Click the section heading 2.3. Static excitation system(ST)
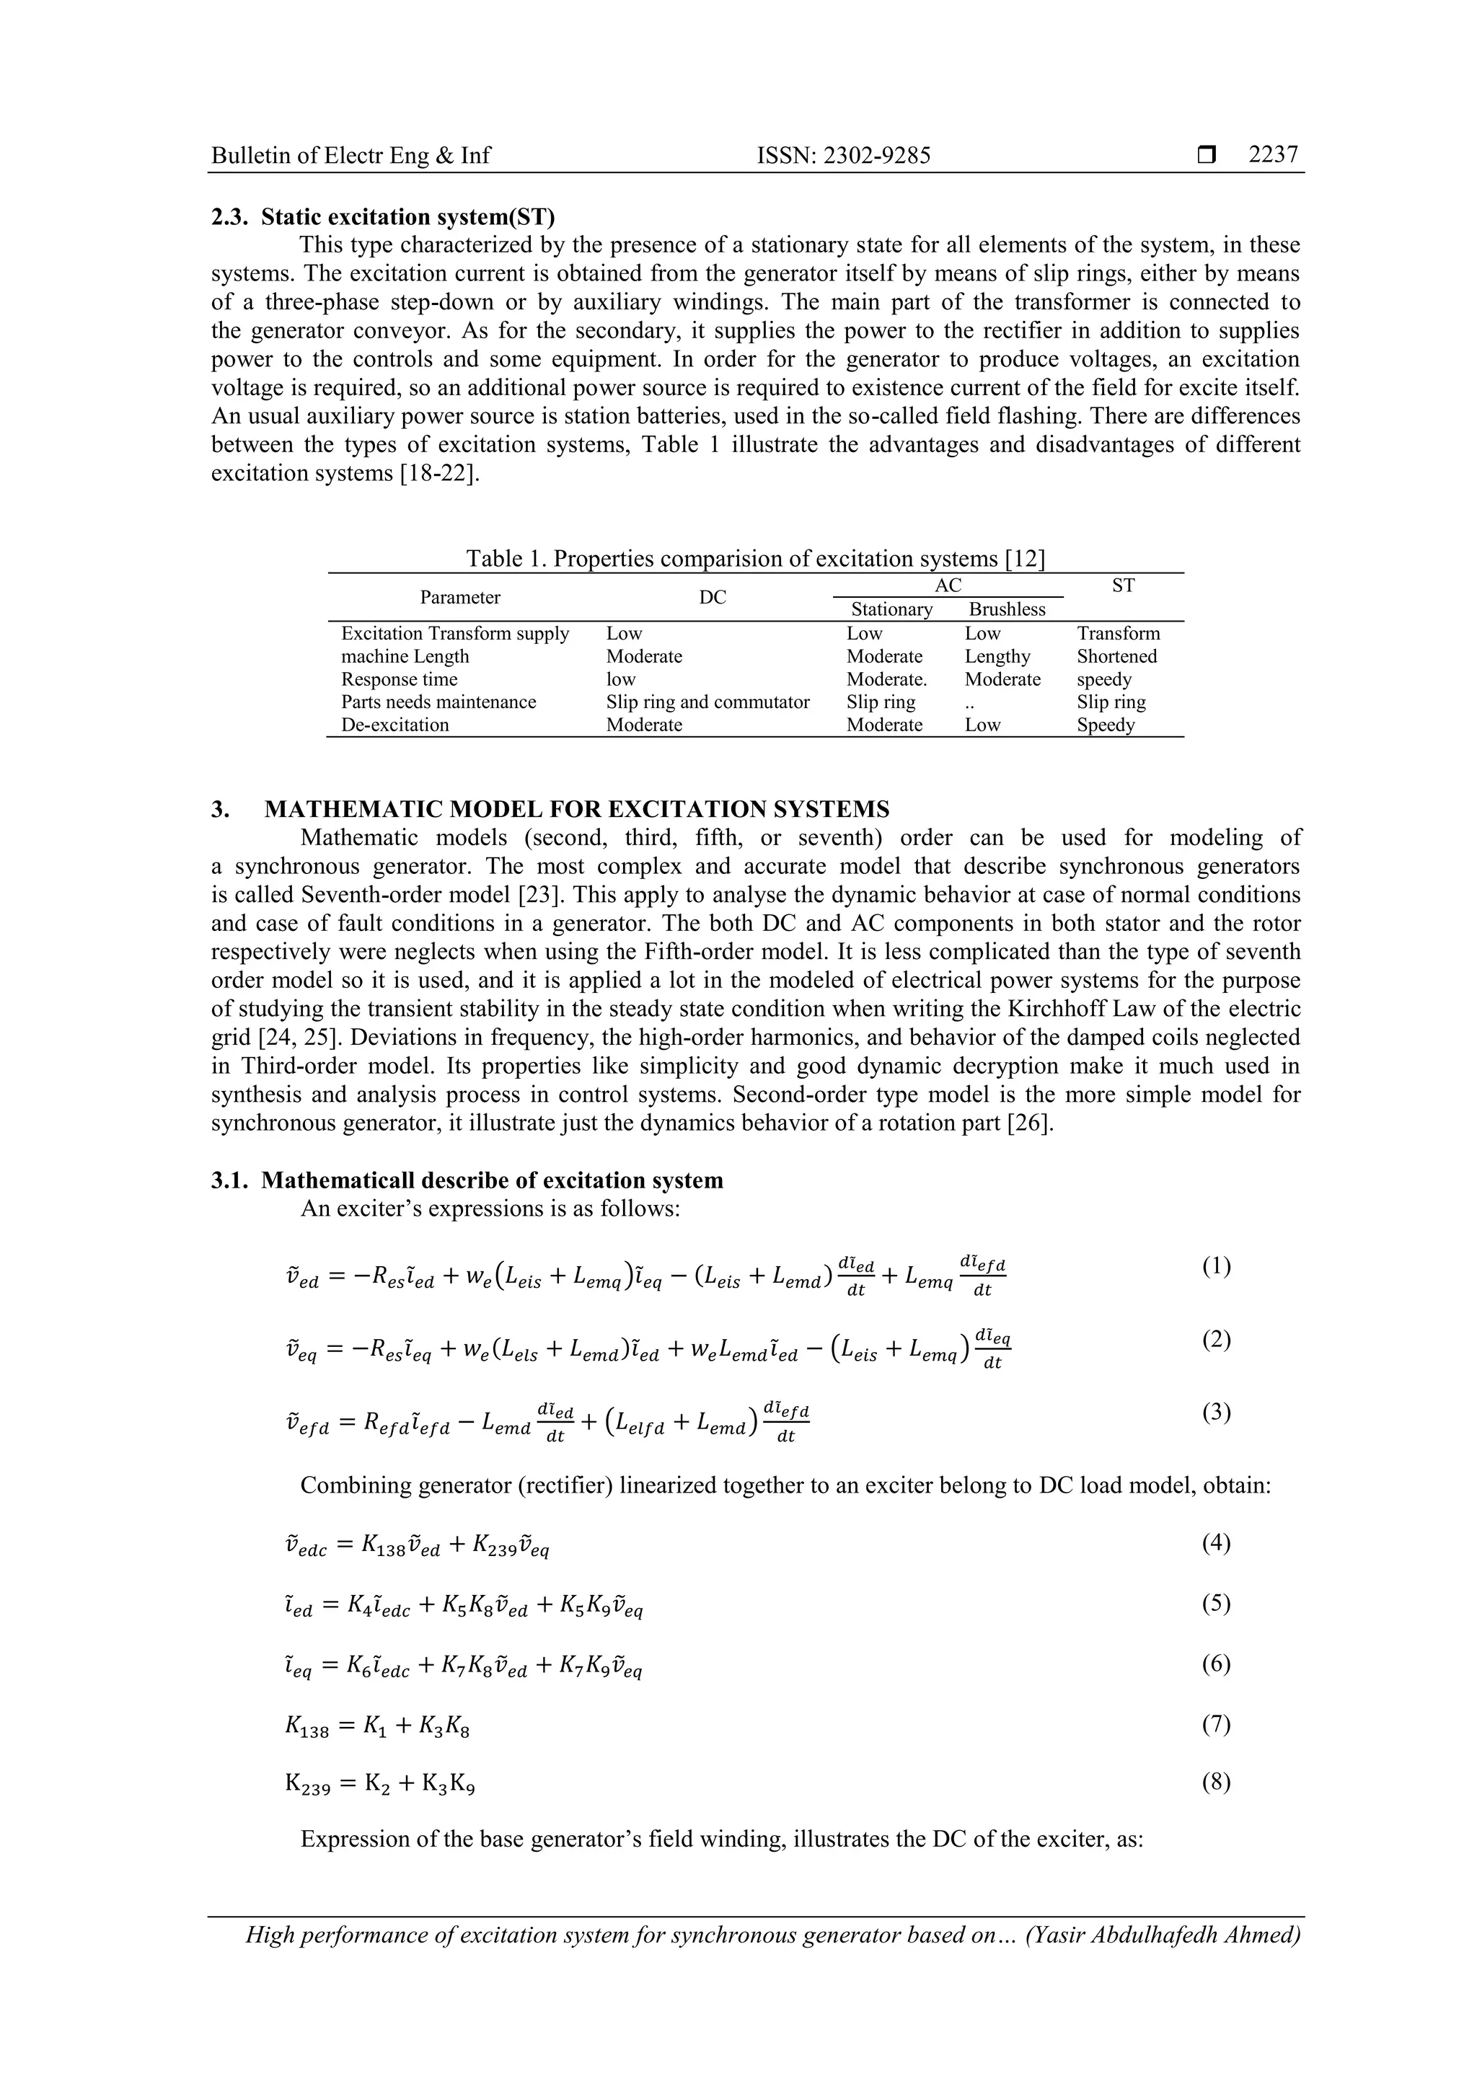(382, 218)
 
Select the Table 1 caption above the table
(755, 559)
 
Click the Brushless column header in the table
(1007, 609)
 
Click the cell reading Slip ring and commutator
(707, 702)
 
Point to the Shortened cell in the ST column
(1116, 657)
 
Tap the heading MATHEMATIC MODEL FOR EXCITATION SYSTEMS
(576, 810)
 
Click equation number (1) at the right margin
(1216, 1266)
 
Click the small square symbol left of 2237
(1207, 156)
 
